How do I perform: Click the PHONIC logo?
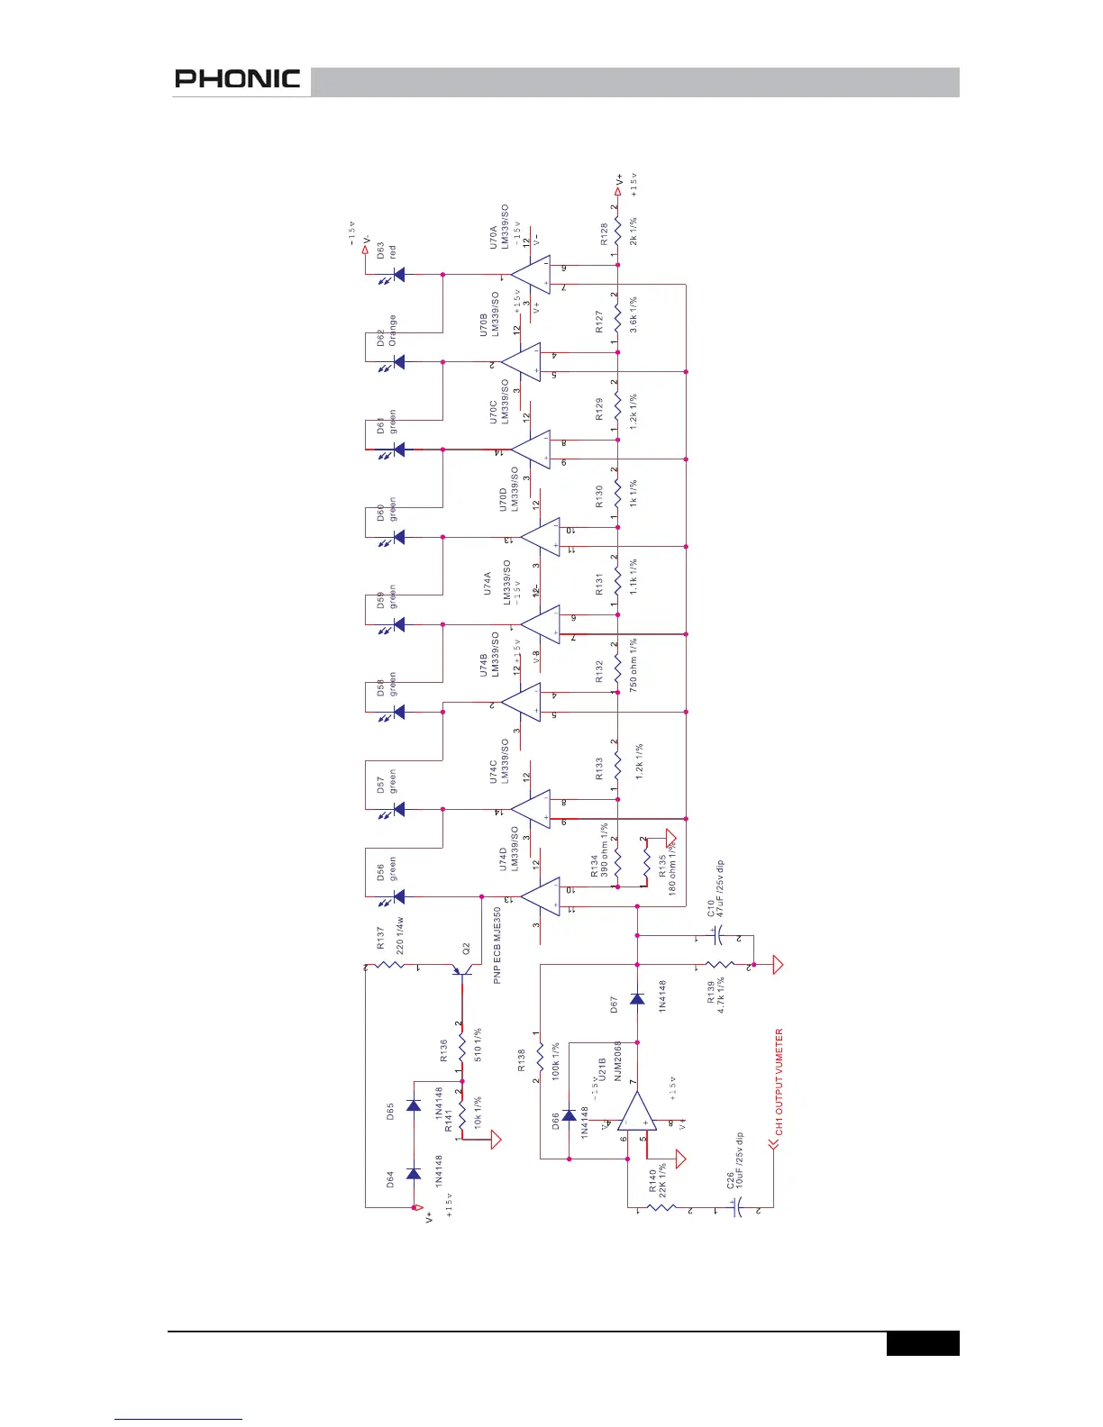click(x=237, y=79)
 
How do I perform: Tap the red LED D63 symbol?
click(x=397, y=275)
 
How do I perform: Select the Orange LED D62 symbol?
click(x=397, y=362)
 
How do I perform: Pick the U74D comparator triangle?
click(x=541, y=897)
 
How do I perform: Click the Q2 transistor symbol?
click(x=463, y=971)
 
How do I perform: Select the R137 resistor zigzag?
click(x=389, y=966)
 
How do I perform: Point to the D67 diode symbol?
click(x=637, y=998)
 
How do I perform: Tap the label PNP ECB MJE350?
click(x=497, y=945)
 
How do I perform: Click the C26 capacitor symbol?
click(x=736, y=1207)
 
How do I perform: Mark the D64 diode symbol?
click(x=414, y=1173)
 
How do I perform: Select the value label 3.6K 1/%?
click(x=634, y=314)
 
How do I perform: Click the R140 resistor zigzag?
click(x=663, y=1207)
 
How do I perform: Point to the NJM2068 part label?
click(x=618, y=1060)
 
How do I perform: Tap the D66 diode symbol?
click(x=569, y=1115)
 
